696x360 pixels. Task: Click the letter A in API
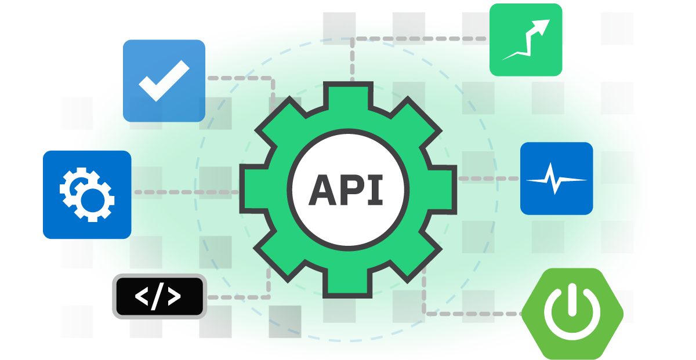point(322,190)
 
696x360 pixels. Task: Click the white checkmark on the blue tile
point(164,80)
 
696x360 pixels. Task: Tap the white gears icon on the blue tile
point(87,195)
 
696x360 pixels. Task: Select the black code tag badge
point(159,296)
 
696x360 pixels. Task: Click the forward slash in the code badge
point(158,296)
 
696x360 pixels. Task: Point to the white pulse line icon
point(556,179)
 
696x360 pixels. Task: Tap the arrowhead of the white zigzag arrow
point(543,26)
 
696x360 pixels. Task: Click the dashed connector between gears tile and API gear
point(186,192)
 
